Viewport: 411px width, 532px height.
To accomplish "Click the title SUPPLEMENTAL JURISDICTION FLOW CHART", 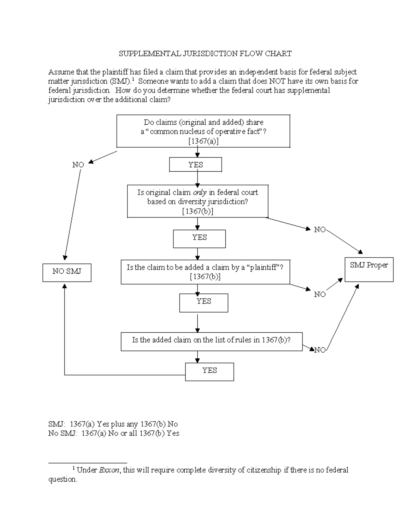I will pyautogui.click(x=205, y=53).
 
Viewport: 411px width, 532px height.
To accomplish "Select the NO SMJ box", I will pyautogui.click(x=67, y=272).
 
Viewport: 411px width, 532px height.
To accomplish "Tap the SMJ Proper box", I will pyautogui.click(x=369, y=269).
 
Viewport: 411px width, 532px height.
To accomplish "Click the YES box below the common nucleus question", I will pyautogui.click(x=196, y=165).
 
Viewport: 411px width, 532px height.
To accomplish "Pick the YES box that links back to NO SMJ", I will pyautogui.click(x=209, y=372).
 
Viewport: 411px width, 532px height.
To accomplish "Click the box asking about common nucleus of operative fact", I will pyautogui.click(x=203, y=132).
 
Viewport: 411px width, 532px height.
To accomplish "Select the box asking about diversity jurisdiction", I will pyautogui.click(x=198, y=201).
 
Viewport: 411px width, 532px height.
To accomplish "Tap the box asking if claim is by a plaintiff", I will pyautogui.click(x=205, y=272).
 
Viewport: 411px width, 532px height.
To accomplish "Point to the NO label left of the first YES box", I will pyautogui.click(x=78, y=165).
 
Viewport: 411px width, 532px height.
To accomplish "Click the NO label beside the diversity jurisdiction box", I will pyautogui.click(x=320, y=230).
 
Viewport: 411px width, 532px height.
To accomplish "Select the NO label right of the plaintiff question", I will pyautogui.click(x=320, y=295).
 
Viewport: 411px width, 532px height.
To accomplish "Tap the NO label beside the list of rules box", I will pyautogui.click(x=320, y=350).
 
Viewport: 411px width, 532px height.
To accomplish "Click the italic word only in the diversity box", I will pyautogui.click(x=200, y=193).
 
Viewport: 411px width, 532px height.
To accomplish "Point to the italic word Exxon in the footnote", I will pyautogui.click(x=109, y=470).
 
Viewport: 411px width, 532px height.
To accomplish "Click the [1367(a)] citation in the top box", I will pyautogui.click(x=203, y=141).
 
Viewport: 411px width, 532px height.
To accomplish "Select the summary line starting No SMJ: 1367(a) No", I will pyautogui.click(x=113, y=433).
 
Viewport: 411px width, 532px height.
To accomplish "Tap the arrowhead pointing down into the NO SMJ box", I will pyautogui.click(x=65, y=258).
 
